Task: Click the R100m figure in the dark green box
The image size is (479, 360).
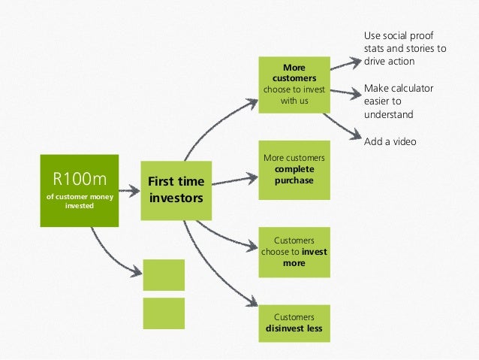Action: (79, 179)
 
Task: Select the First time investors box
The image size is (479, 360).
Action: (176, 190)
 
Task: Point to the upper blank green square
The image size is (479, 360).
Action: (163, 274)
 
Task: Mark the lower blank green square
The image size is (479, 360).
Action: (163, 313)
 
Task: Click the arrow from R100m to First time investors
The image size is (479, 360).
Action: (129, 191)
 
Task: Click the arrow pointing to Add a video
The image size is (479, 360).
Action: (342, 127)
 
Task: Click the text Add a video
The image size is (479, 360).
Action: (389, 141)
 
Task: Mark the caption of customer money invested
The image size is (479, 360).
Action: (79, 201)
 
